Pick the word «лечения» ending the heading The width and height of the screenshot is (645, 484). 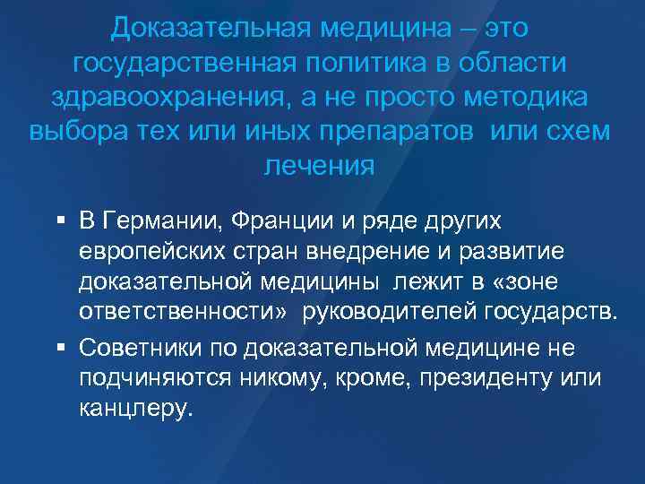tap(320, 166)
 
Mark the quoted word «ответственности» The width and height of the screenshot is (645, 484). tap(178, 313)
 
